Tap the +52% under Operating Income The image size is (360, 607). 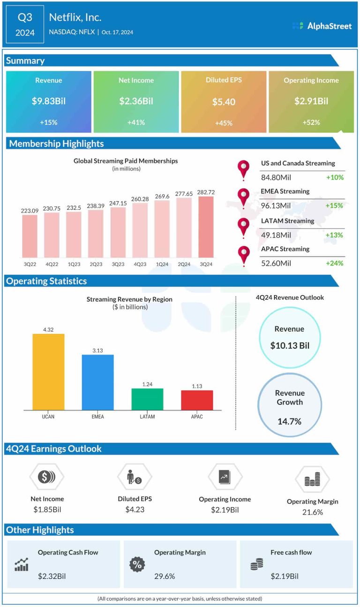coord(311,122)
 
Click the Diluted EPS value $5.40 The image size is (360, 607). coord(224,102)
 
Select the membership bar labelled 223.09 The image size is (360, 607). coord(30,235)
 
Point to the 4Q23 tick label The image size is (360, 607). coord(140,264)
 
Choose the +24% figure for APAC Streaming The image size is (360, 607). coord(335,263)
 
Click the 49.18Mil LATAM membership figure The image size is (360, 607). coord(276,235)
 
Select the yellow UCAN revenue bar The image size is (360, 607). coord(48,372)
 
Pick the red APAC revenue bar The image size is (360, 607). coord(197,400)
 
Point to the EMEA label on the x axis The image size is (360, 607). coord(97,417)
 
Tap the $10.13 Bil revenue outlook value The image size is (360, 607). coord(290,346)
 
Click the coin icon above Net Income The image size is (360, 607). coord(46,477)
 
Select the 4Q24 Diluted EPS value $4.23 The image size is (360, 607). coord(135,509)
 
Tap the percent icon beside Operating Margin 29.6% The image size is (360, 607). coord(137,565)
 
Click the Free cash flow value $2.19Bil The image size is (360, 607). coord(285,576)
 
